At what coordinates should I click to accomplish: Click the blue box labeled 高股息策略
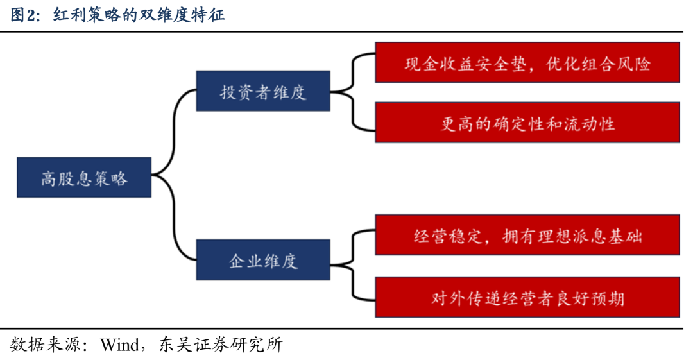click(x=84, y=177)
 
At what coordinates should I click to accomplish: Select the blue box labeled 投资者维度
click(x=263, y=91)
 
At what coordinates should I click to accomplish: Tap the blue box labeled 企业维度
click(x=263, y=260)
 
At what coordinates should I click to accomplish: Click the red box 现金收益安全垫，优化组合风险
click(x=527, y=62)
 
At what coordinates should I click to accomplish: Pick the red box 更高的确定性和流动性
click(x=527, y=123)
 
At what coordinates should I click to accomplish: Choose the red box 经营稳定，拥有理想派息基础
click(x=527, y=235)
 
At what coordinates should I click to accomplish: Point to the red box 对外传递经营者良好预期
click(x=527, y=297)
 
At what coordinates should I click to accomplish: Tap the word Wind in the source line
click(x=119, y=345)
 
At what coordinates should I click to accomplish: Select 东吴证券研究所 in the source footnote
click(x=221, y=345)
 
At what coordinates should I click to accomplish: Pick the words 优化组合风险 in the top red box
click(x=599, y=64)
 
